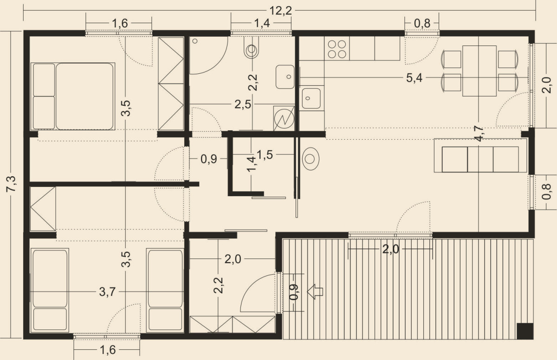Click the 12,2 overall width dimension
pos(281,11)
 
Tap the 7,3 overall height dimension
pos(11,184)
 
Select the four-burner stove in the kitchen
pos(337,49)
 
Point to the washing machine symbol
pos(284,118)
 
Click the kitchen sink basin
pos(311,98)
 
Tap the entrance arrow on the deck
pos(315,291)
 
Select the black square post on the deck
pos(525,331)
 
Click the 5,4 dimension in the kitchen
pos(414,78)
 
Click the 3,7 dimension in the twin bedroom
pos(107,292)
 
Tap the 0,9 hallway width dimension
pos(208,159)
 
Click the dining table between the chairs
pos(479,71)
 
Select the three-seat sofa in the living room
pos(480,155)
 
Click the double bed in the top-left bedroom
pos(72,96)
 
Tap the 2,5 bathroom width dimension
pos(243,104)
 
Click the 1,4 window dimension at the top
pos(262,23)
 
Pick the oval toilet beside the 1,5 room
pos(311,159)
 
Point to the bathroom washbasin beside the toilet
pos(285,77)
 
